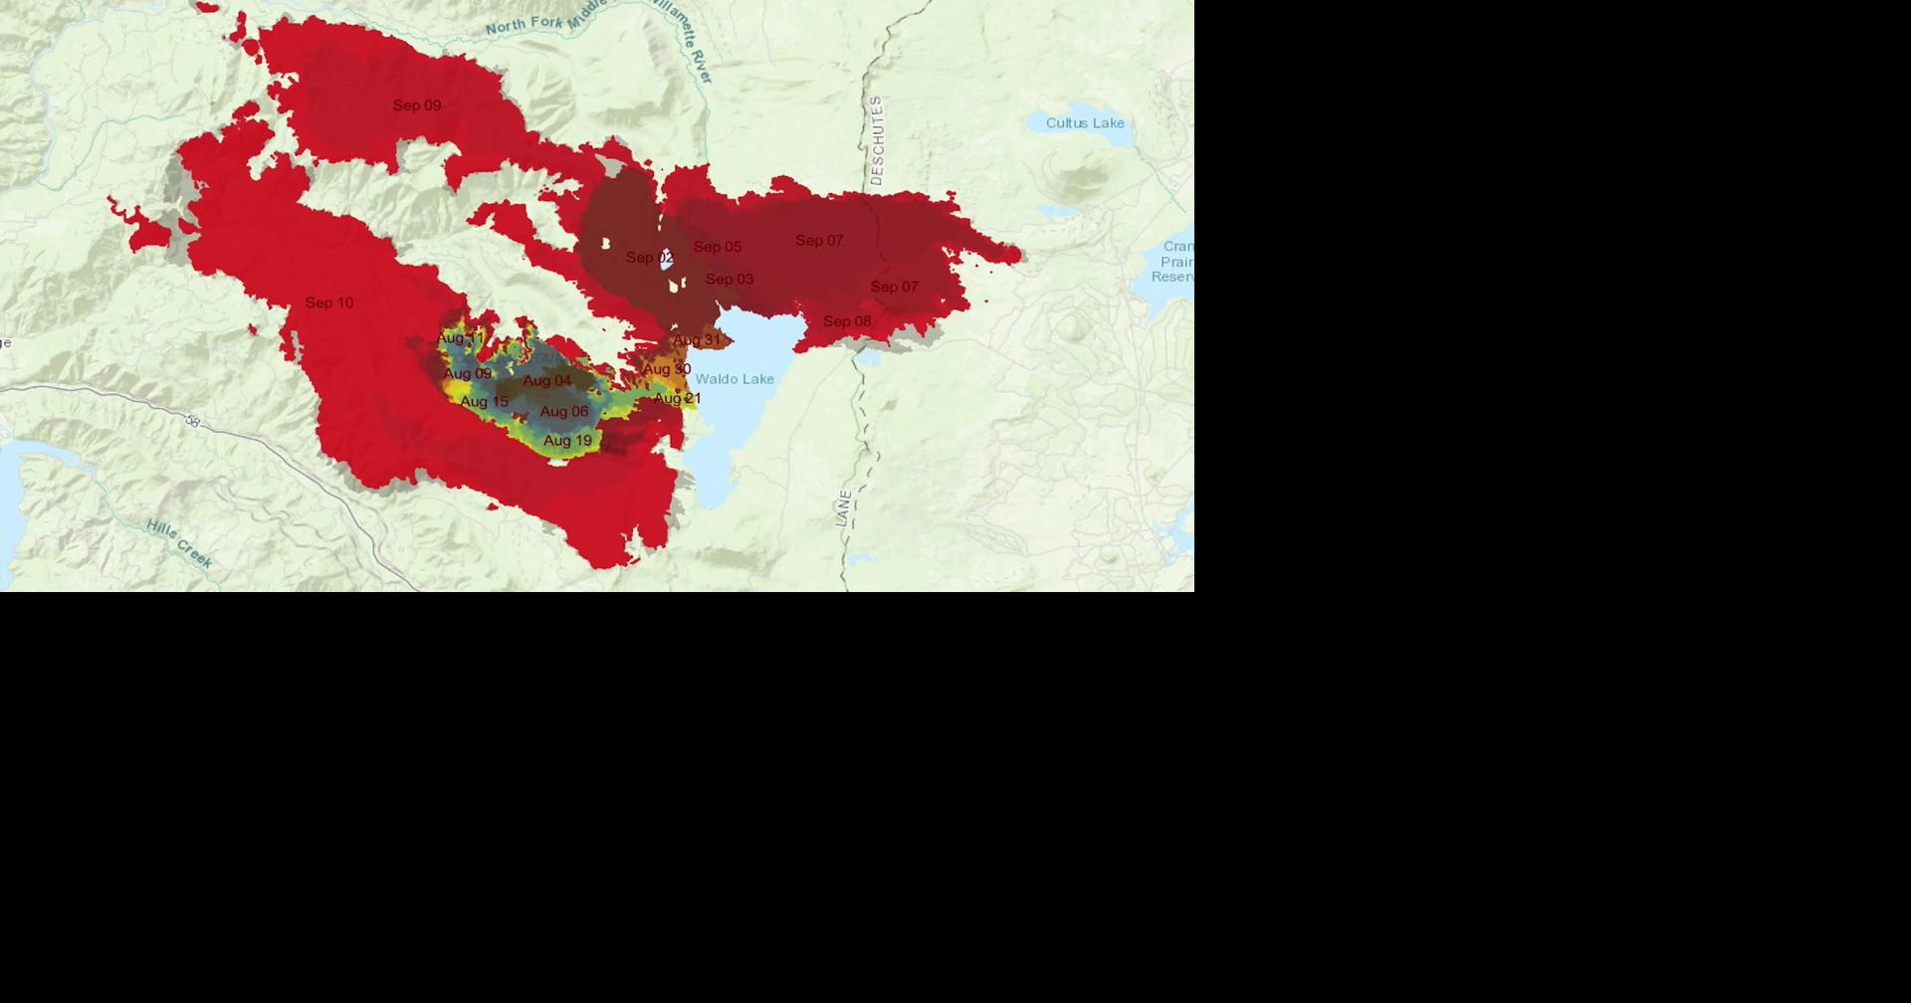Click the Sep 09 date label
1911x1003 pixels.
(x=416, y=105)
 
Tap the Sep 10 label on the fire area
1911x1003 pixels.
(x=328, y=302)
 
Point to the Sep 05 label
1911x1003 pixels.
(x=717, y=247)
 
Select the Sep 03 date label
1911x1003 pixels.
(x=729, y=280)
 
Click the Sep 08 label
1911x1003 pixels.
(x=846, y=321)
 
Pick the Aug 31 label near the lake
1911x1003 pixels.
(x=696, y=340)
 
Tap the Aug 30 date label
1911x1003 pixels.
(x=666, y=369)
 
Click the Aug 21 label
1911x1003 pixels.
(x=677, y=398)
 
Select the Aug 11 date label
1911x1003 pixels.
(x=460, y=338)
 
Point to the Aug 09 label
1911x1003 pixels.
(x=467, y=374)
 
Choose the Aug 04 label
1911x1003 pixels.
(x=546, y=381)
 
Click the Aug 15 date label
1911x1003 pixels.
(x=484, y=402)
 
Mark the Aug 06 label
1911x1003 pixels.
(x=563, y=411)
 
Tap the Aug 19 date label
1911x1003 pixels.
(x=567, y=441)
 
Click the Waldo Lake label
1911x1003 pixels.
(x=734, y=379)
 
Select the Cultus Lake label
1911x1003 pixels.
(x=1084, y=123)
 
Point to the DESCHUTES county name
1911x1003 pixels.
(x=876, y=140)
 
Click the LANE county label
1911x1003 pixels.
(x=844, y=507)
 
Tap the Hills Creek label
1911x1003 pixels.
(x=179, y=543)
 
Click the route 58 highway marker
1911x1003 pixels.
(x=192, y=422)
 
